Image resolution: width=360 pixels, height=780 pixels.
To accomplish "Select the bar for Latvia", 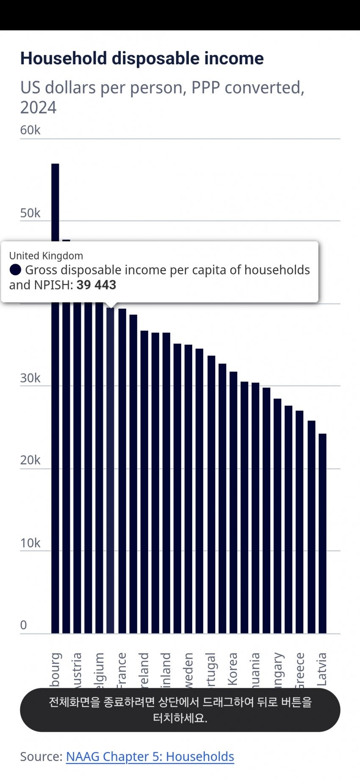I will [322, 534].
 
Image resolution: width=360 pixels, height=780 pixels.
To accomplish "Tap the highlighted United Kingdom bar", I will [111, 470].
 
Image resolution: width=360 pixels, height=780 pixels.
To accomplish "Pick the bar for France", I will [122, 470].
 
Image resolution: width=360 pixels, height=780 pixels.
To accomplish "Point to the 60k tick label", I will [30, 130].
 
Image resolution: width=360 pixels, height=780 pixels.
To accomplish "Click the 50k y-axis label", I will [30, 213].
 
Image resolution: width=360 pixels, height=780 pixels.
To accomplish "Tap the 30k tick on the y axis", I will [30, 378].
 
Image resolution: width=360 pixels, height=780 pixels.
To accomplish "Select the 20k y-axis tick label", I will [30, 460].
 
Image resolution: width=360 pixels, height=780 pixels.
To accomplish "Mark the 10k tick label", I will [30, 543].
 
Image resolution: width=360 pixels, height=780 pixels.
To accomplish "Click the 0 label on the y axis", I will [24, 625].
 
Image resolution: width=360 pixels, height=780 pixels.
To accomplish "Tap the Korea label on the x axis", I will [232, 669].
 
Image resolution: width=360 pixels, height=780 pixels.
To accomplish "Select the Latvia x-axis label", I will [322, 669].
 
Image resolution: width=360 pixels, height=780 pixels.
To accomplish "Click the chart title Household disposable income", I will [142, 58].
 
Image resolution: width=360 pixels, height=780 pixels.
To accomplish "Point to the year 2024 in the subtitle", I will [38, 108].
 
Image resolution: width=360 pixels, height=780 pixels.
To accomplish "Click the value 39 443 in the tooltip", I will [96, 285].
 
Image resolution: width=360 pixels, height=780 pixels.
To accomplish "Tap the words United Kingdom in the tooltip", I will [46, 256].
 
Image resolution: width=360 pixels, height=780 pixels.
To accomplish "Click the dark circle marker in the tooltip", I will [15, 270].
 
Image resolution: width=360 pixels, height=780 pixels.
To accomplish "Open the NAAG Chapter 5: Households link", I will [150, 756].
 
